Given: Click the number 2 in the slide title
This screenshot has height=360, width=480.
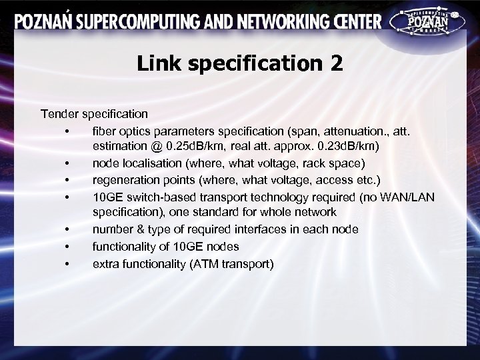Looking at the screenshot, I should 335,63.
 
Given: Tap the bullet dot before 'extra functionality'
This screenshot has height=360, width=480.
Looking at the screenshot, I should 68,264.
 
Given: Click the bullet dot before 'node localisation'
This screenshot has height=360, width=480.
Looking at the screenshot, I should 68,163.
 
